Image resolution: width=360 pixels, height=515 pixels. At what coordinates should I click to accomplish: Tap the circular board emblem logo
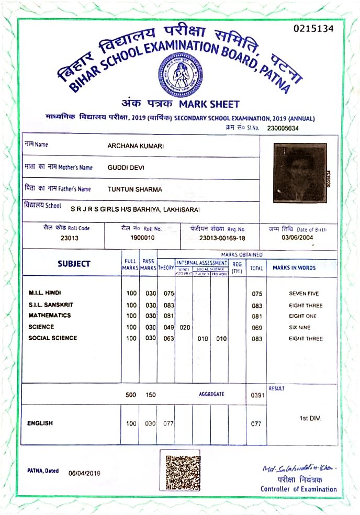[181, 75]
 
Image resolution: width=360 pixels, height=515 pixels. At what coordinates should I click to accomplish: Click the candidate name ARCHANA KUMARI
[136, 146]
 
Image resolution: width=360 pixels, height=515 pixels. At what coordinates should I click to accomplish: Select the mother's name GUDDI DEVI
[126, 167]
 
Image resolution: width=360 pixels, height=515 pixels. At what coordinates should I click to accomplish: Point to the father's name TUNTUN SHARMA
[134, 189]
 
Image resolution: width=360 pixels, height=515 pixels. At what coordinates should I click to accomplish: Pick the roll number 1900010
[142, 237]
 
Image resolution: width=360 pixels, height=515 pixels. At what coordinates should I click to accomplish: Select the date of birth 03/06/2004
[297, 237]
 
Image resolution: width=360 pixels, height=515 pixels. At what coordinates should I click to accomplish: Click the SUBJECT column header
[74, 264]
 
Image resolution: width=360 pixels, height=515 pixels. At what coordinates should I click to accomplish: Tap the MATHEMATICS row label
[50, 316]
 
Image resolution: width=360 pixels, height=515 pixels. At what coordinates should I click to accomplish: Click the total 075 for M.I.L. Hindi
[256, 294]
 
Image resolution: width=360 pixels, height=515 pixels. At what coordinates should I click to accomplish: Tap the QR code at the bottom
[180, 470]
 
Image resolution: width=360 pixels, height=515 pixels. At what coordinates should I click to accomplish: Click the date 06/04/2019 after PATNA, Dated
[84, 473]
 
